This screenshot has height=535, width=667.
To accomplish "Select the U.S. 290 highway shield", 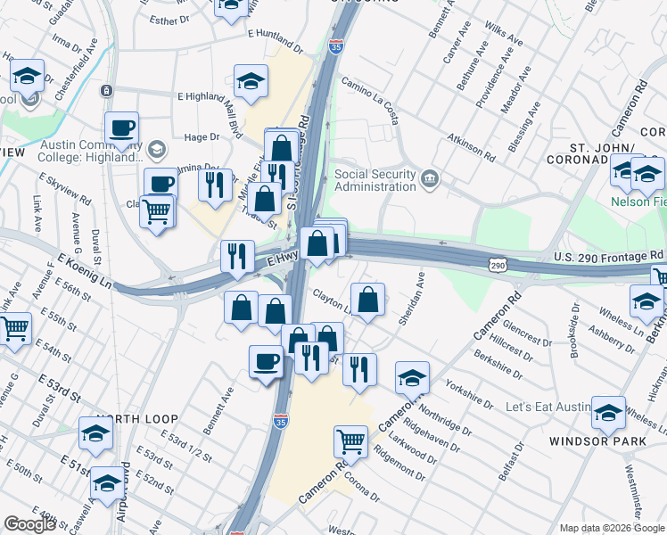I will (x=497, y=265).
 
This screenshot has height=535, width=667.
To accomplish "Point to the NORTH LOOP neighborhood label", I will (x=137, y=418).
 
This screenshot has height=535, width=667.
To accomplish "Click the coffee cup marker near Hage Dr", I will (x=121, y=127).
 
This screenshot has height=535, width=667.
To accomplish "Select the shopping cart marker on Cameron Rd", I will (x=351, y=440).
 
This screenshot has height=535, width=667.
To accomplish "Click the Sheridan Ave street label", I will (x=414, y=304).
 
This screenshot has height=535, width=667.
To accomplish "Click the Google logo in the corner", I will (x=29, y=524).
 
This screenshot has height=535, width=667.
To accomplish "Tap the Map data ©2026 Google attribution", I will (x=611, y=528).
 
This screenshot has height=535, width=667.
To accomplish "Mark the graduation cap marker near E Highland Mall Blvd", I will (x=251, y=81).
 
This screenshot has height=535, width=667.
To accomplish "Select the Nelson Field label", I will (x=637, y=202).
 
